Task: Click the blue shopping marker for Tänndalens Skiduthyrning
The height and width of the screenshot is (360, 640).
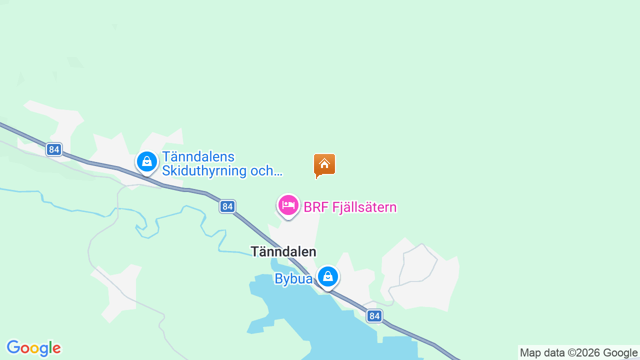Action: tap(147, 162)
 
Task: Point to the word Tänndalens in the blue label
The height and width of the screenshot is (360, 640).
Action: tap(198, 157)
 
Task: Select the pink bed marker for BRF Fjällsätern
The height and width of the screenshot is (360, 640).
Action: tap(288, 205)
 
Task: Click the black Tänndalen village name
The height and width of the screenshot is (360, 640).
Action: tap(283, 251)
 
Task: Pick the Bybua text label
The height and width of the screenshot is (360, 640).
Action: tap(293, 278)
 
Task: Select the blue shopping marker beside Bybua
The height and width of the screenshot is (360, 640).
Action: tap(328, 276)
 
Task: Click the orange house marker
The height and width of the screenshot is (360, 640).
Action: tap(324, 164)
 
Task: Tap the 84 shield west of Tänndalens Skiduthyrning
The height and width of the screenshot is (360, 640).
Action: tap(54, 149)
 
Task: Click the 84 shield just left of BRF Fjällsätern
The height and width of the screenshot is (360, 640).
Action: tap(227, 206)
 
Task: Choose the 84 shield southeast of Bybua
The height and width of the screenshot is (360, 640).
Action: tap(374, 316)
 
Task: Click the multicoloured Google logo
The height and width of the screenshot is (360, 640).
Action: tap(33, 348)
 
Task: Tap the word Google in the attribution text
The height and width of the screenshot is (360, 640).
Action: tap(620, 353)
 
